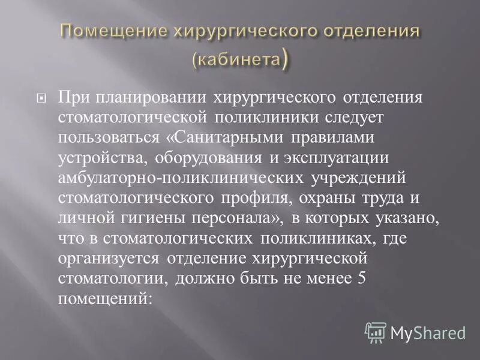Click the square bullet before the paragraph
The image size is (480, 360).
click(x=41, y=97)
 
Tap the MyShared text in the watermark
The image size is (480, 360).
click(x=427, y=332)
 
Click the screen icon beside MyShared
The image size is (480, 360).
click(x=376, y=332)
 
